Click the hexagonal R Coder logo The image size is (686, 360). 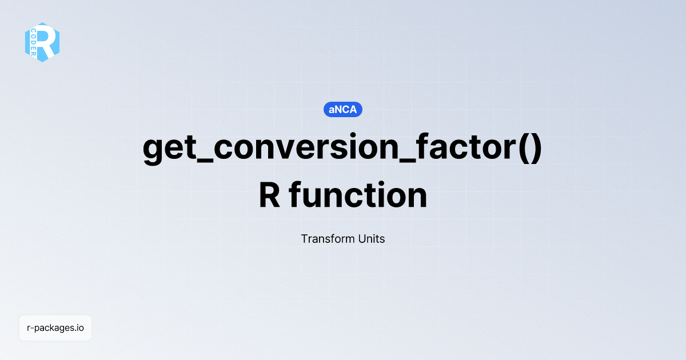pyautogui.click(x=42, y=42)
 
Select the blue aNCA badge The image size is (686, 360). pyautogui.click(x=343, y=109)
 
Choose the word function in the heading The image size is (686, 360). pyautogui.click(x=358, y=195)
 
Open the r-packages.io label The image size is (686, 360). pyautogui.click(x=55, y=328)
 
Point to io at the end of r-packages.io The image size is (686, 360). pyautogui.click(x=80, y=328)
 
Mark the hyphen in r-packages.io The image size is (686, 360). pyautogui.click(x=33, y=329)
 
